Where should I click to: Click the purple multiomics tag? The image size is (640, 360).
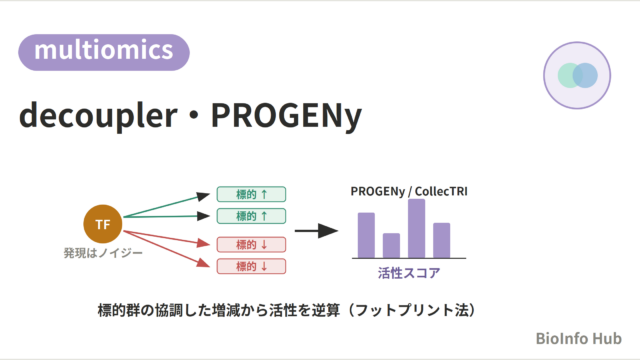pos(104,52)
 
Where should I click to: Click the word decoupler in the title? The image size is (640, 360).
pos(98,116)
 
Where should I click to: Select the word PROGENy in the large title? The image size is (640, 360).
pos(286,116)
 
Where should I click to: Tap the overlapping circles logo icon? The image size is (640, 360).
pos(577,76)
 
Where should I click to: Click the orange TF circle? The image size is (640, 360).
pos(103,224)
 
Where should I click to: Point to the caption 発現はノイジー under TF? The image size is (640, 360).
pos(103,253)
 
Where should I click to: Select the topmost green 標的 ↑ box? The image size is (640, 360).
pos(251,194)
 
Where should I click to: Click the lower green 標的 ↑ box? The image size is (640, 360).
pos(251,216)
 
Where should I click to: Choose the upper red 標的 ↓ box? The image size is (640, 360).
pos(251,245)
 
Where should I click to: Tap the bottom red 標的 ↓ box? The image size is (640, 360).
pos(251,267)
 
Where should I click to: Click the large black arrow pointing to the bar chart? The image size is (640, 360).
pos(316,231)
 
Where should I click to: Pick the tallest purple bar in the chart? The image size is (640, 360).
pos(416,229)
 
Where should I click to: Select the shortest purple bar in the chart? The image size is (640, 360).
pos(391,246)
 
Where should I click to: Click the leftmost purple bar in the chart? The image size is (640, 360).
pos(366,235)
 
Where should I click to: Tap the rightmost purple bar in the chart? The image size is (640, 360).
pos(442,240)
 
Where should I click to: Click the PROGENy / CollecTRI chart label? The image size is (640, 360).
pos(409,191)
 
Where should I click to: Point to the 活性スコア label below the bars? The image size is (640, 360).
pos(409,273)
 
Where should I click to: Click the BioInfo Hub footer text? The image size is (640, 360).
pos(579,339)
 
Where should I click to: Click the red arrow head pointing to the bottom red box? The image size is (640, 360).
pos(203,262)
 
